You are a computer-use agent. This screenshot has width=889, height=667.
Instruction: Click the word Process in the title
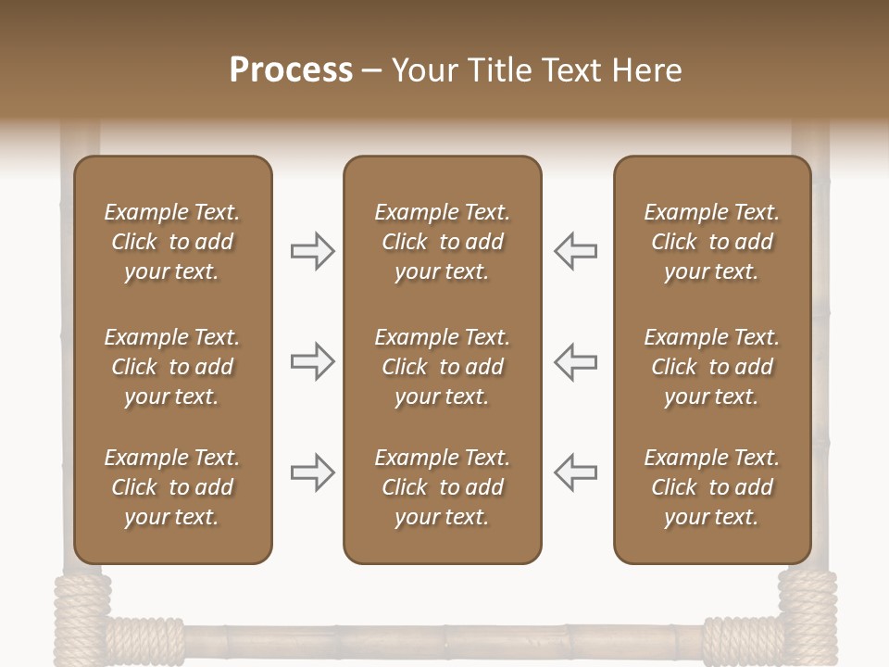pyautogui.click(x=291, y=70)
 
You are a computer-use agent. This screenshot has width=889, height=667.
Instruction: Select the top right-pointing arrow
pyautogui.click(x=312, y=251)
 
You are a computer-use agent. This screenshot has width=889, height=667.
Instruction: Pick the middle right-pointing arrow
pyautogui.click(x=312, y=361)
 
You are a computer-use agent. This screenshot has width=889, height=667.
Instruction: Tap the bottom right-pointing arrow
pyautogui.click(x=312, y=472)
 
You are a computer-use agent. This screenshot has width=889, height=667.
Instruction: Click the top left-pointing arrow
pyautogui.click(x=576, y=251)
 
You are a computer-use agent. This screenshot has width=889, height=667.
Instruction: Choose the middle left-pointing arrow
pyautogui.click(x=576, y=361)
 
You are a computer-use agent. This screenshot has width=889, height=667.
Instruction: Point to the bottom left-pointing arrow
pyautogui.click(x=576, y=472)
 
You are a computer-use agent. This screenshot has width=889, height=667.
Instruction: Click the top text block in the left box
pyautogui.click(x=172, y=242)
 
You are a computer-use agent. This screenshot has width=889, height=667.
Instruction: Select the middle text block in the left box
pyautogui.click(x=172, y=367)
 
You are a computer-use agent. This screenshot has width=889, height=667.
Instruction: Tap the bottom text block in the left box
pyautogui.click(x=172, y=487)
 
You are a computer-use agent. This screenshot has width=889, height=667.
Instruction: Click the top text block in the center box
pyautogui.click(x=442, y=242)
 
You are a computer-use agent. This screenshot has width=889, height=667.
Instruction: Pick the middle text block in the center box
pyautogui.click(x=442, y=367)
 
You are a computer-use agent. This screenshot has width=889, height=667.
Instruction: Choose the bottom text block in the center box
pyautogui.click(x=442, y=487)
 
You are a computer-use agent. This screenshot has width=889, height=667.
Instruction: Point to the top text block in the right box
pyautogui.click(x=711, y=242)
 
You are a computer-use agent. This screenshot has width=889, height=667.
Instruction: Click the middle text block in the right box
pyautogui.click(x=711, y=367)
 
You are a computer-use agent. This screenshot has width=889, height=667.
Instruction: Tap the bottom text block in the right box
pyautogui.click(x=711, y=487)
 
